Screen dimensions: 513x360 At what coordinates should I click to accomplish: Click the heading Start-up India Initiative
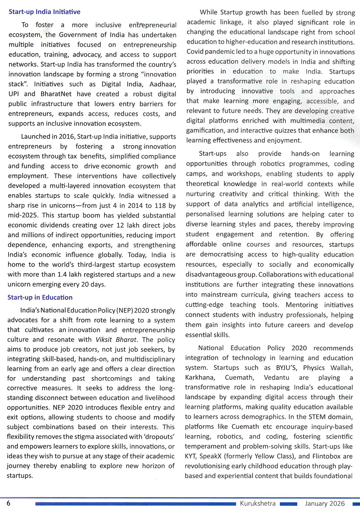click(44, 12)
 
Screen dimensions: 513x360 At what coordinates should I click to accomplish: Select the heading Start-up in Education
click(40, 298)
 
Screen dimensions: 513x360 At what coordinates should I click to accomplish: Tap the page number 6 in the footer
click(9, 503)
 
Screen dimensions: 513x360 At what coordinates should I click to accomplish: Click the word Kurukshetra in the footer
click(258, 504)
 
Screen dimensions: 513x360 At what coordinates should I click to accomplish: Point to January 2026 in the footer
click(325, 504)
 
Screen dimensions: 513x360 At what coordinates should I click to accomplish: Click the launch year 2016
click(67, 137)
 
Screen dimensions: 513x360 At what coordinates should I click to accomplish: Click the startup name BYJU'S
click(287, 368)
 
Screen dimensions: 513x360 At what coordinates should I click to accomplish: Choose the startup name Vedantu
click(276, 377)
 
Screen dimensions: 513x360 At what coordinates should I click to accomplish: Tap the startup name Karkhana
click(200, 377)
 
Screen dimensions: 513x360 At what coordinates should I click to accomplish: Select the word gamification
click(204, 131)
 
